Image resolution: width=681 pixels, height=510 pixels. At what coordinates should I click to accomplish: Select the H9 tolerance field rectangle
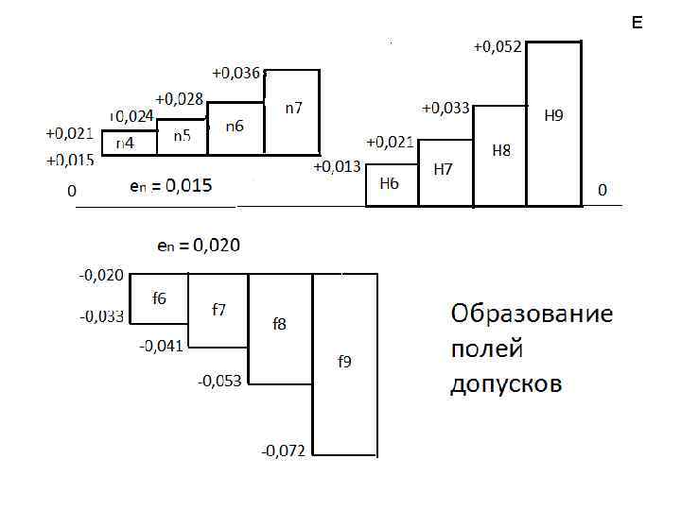click(553, 123)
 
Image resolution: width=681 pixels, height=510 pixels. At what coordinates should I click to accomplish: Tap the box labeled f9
click(345, 364)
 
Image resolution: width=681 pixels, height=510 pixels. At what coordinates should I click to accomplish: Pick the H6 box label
click(389, 183)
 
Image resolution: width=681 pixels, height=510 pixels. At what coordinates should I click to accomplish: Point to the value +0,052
click(497, 46)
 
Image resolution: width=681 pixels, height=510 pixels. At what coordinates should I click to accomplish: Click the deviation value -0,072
click(283, 450)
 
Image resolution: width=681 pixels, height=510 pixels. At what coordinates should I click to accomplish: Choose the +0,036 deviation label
click(236, 72)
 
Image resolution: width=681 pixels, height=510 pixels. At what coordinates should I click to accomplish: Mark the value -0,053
click(219, 381)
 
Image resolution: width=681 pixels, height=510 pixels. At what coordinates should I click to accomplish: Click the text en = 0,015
click(170, 186)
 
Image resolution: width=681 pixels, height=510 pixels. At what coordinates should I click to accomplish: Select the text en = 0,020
click(198, 246)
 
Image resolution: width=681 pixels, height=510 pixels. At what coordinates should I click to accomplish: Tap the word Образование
click(532, 314)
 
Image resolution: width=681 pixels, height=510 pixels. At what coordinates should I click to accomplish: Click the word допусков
click(505, 384)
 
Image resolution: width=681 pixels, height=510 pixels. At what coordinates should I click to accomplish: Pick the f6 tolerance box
click(159, 298)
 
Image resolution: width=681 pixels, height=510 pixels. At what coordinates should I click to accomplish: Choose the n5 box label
click(182, 136)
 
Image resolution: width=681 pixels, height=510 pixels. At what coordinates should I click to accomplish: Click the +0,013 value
click(337, 167)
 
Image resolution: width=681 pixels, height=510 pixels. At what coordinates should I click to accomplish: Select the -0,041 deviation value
click(162, 346)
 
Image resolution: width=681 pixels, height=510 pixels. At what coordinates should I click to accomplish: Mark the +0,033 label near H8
click(445, 108)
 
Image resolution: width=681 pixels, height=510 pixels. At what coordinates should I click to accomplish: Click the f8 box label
click(280, 324)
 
